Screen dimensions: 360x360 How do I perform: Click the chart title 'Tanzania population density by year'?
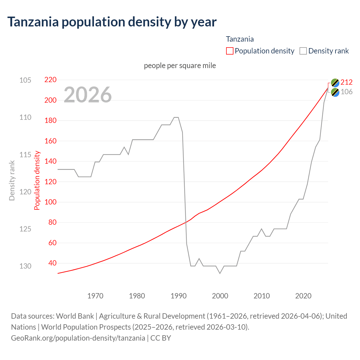tap(112, 22)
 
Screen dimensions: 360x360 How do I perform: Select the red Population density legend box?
tap(229, 51)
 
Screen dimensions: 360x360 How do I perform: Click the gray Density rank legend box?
tap(303, 51)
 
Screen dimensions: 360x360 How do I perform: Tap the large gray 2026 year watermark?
tap(87, 95)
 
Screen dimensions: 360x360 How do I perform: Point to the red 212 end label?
tap(346, 82)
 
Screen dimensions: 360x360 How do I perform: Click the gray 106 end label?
tap(346, 92)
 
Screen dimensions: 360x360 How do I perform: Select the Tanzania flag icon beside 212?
tap(335, 83)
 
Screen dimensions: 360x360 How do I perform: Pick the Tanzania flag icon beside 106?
tap(335, 92)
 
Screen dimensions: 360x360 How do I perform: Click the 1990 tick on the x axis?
tap(179, 296)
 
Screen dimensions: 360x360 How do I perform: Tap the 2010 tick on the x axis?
tap(262, 296)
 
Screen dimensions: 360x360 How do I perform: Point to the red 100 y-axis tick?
tap(50, 202)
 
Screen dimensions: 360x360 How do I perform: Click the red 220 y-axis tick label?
tap(50, 80)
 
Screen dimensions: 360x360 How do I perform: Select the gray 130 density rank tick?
tap(25, 266)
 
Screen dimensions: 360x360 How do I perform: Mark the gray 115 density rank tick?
tap(25, 155)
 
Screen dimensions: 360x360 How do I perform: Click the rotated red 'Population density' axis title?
tap(37, 181)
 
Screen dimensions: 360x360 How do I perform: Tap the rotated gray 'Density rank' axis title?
tap(12, 181)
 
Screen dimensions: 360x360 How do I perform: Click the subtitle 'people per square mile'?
tap(180, 66)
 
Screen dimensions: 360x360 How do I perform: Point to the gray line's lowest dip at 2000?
tap(220, 273)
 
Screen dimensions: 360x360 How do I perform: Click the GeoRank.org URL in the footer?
tap(78, 338)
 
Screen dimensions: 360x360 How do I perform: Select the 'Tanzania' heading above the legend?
tap(240, 39)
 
